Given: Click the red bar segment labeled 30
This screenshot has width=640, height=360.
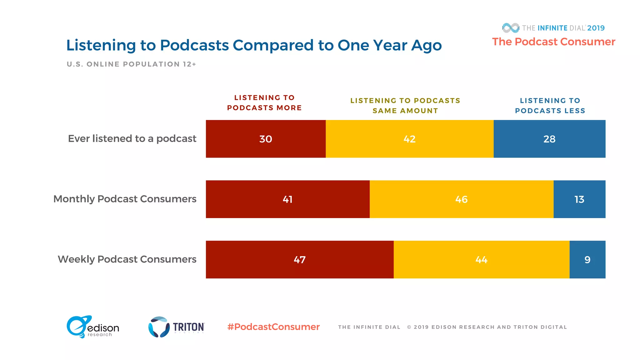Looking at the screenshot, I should (x=266, y=139).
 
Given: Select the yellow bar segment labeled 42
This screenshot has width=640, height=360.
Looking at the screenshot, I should (x=409, y=139).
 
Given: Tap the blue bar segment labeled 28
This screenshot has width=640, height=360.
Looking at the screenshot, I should (x=549, y=139).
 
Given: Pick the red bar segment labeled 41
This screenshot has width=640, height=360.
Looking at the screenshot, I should (x=287, y=199).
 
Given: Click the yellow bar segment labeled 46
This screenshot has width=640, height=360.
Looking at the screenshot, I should (x=461, y=199).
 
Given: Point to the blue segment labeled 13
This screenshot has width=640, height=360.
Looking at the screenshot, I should (x=579, y=199).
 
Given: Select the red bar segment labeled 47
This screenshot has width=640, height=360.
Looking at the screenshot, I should (x=299, y=259).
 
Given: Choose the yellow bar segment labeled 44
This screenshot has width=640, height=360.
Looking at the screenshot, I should (x=481, y=259).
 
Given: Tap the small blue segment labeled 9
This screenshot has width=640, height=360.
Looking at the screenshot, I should (x=587, y=259).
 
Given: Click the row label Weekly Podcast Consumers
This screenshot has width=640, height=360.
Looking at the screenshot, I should (x=127, y=259).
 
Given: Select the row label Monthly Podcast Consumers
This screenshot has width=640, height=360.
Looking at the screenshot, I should (x=125, y=199).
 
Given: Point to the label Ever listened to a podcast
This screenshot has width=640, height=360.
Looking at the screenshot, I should (x=132, y=139).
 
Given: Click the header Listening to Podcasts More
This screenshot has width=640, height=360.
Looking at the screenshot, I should (x=264, y=102).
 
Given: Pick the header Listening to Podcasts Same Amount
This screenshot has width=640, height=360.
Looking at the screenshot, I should (x=405, y=106).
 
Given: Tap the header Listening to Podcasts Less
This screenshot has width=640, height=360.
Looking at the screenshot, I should (x=550, y=106).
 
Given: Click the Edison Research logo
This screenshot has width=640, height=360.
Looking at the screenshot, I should (x=92, y=327).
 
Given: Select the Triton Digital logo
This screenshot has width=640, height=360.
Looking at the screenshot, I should (x=176, y=327).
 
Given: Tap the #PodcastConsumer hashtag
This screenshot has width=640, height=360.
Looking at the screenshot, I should (x=273, y=327).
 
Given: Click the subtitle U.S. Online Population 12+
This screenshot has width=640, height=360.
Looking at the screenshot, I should (x=131, y=64).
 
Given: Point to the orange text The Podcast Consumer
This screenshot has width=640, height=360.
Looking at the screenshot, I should (x=553, y=42).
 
